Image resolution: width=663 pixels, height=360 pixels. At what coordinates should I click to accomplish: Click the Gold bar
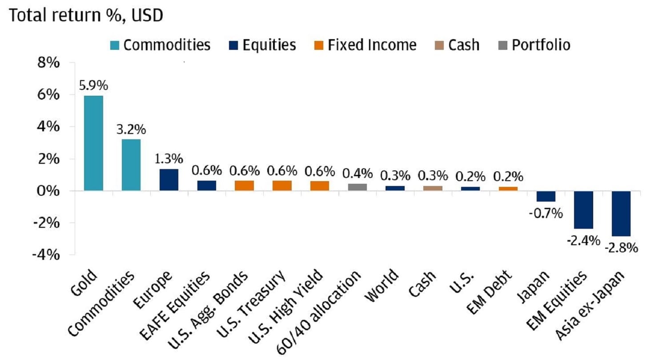tap(93, 143)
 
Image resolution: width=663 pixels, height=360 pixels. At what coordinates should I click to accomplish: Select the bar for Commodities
tap(131, 165)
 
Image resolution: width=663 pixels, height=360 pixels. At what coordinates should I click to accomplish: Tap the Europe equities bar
tap(169, 180)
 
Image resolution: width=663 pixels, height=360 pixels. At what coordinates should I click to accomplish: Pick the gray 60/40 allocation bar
tap(357, 187)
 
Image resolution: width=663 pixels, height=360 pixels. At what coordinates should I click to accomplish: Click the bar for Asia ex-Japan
tap(621, 213)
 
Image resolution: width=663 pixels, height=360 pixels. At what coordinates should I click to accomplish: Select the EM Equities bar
tap(583, 210)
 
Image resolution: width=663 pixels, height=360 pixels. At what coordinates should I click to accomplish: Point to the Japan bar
tap(545, 196)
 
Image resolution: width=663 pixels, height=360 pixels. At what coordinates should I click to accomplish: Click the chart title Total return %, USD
tap(86, 16)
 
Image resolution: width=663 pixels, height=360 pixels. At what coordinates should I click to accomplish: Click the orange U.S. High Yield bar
tap(320, 186)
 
